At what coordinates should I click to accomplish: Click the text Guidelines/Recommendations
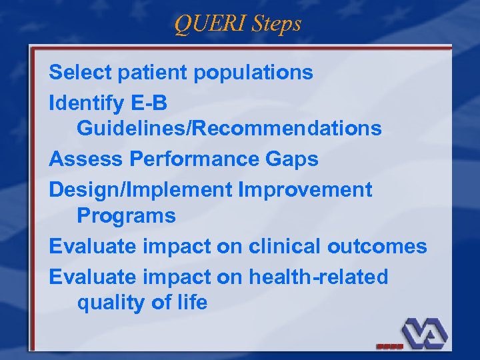229,127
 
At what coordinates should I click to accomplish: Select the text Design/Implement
141,190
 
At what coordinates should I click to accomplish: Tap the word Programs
126,215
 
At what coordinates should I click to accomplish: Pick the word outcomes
377,246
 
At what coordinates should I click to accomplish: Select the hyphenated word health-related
318,277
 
